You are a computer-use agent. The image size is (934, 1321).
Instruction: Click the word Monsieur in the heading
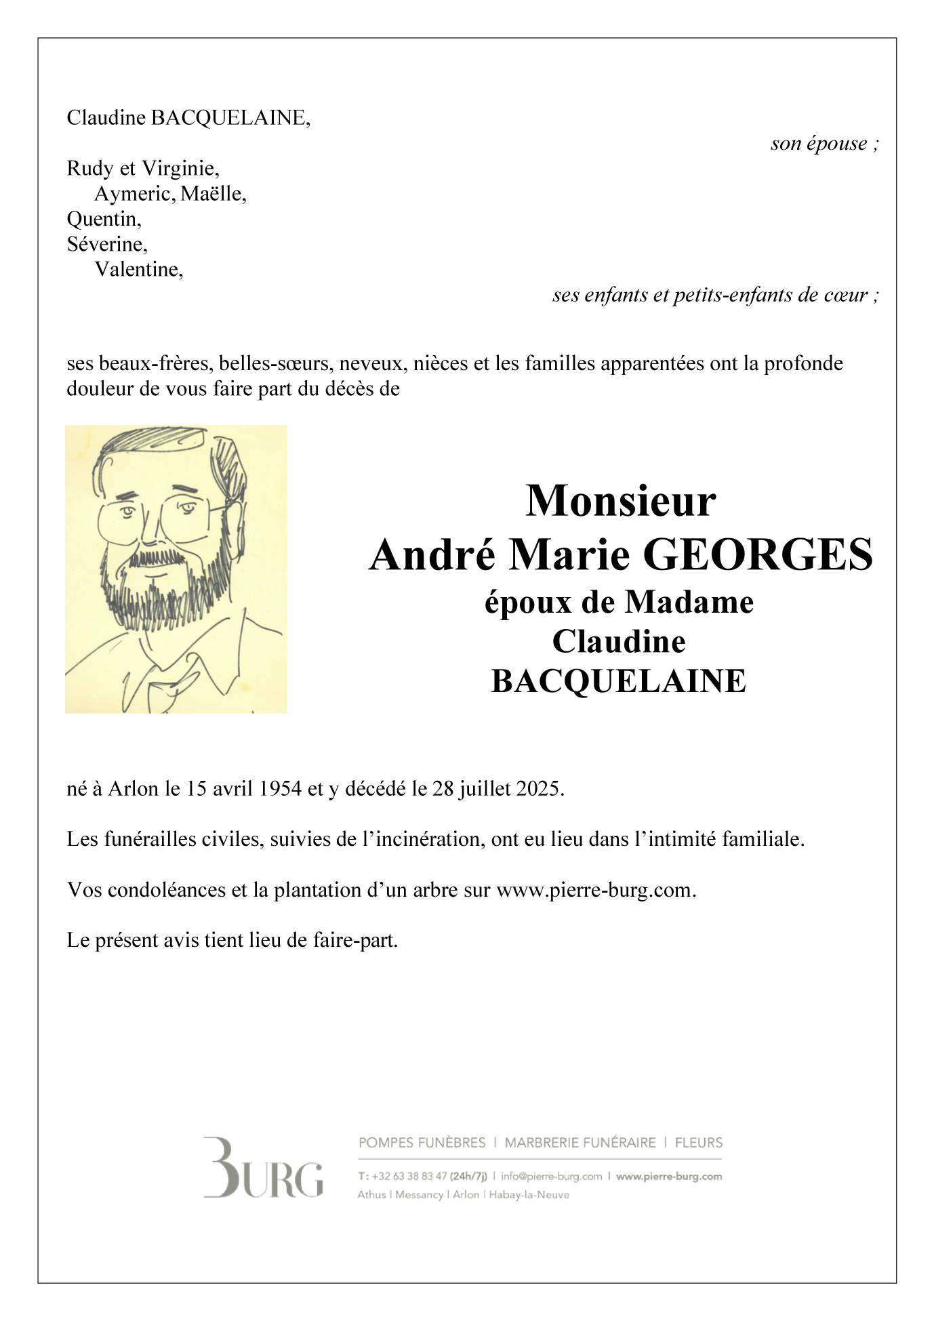click(620, 502)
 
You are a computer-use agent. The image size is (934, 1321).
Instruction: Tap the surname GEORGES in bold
click(757, 554)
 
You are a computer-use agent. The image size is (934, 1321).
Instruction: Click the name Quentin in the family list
click(103, 219)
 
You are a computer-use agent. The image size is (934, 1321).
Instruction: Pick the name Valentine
click(138, 270)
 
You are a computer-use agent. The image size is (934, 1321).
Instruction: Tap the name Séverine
click(106, 244)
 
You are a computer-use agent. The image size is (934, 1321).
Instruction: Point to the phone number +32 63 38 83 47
click(409, 1177)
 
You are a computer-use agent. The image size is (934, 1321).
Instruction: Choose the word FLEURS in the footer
click(698, 1143)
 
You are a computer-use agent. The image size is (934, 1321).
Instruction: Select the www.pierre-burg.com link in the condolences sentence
click(595, 890)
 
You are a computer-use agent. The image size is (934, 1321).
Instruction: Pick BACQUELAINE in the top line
click(229, 119)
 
